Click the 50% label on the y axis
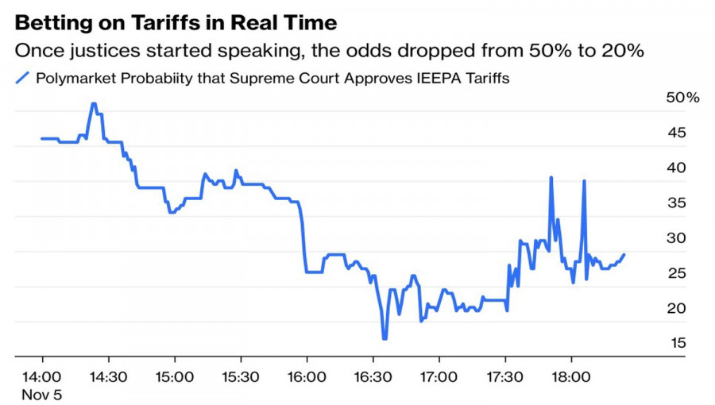[682, 98]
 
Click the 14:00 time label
[42, 376]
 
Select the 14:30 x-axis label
[108, 376]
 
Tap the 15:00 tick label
[174, 376]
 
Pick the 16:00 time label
[307, 376]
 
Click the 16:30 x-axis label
[373, 376]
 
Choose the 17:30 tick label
[505, 376]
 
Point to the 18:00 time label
[571, 376]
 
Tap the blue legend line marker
[22, 78]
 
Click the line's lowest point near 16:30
[385, 338]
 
